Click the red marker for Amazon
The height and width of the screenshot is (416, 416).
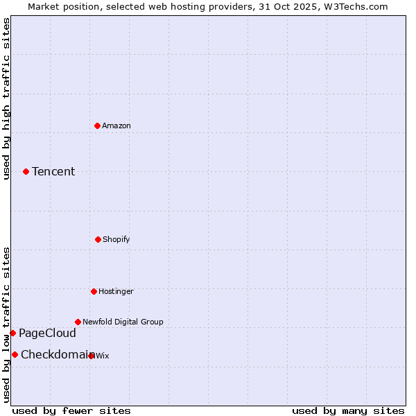[98, 125]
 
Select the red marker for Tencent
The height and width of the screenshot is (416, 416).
[26, 171]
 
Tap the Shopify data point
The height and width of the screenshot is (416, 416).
[98, 239]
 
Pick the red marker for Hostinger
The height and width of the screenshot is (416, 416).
[94, 291]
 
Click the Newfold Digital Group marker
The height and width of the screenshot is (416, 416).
[78, 322]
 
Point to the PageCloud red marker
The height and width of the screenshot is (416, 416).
[12, 333]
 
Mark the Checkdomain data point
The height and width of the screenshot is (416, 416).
[15, 354]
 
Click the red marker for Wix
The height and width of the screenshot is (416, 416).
[91, 356]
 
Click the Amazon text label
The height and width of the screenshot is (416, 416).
[116, 125]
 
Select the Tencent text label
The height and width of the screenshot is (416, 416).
[53, 171]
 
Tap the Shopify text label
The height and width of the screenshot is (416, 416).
[116, 239]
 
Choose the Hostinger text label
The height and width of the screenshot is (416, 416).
[116, 291]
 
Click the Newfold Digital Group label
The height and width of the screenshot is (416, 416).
[123, 322]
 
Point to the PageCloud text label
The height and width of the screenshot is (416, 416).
[47, 333]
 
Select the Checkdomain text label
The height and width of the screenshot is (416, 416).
[55, 354]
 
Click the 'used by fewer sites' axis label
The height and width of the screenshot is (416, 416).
[71, 410]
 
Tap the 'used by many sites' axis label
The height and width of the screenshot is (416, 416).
[348, 410]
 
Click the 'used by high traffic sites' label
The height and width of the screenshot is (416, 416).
[6, 98]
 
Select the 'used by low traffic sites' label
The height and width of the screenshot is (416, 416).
[6, 324]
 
